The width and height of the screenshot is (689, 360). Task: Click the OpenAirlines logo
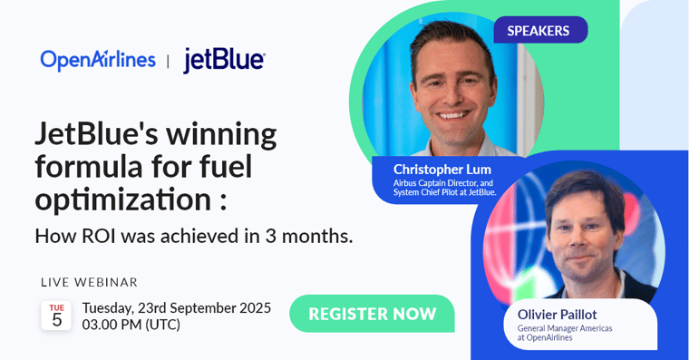click(98, 59)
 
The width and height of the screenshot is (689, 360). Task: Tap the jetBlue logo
click(224, 60)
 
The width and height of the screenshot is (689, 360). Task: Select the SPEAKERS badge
click(539, 30)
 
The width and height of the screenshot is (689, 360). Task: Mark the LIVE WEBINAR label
click(90, 282)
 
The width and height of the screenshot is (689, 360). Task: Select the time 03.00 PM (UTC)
click(131, 325)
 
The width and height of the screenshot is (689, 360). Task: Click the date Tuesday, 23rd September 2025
click(177, 307)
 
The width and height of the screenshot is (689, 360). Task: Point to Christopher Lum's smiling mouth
click(453, 115)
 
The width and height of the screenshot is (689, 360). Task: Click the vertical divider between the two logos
click(168, 61)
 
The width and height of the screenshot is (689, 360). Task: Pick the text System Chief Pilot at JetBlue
click(444, 192)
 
